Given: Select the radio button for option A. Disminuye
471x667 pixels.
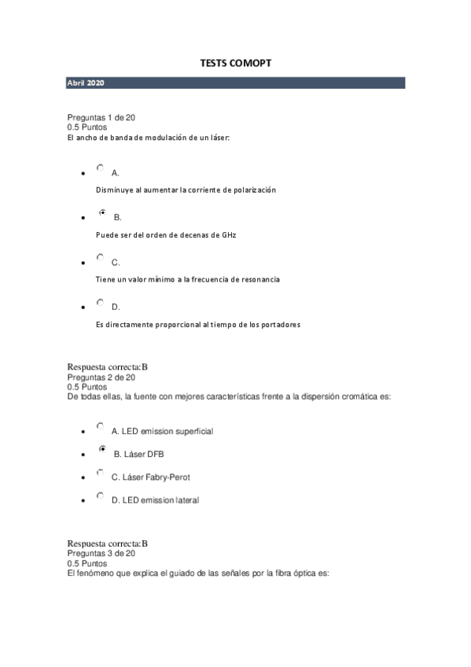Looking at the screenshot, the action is point(100,168).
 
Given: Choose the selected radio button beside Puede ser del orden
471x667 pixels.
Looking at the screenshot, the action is point(101,212).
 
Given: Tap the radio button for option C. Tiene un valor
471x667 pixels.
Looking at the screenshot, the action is point(100,257).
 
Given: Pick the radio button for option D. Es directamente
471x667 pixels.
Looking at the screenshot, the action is point(100,302).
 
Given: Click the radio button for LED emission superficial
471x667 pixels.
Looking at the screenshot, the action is point(100,426).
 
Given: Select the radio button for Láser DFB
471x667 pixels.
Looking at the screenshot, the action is point(101,449).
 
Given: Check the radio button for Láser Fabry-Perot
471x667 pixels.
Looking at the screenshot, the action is point(100,473).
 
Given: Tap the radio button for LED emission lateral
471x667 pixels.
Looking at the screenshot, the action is point(100,496).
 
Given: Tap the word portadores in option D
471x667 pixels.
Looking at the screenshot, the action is point(279,325).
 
